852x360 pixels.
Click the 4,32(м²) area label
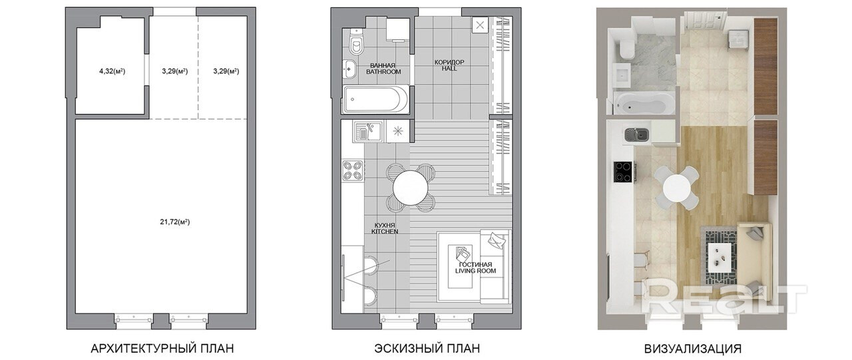pyautogui.click(x=112, y=71)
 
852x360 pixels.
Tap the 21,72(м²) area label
pyautogui.click(x=175, y=222)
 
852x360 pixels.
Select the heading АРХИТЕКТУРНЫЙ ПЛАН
pyautogui.click(x=162, y=348)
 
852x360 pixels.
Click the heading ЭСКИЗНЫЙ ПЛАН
pyautogui.click(x=427, y=348)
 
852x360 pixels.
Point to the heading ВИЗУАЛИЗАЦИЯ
pyautogui.click(x=693, y=349)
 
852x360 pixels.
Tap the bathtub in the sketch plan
pyautogui.click(x=376, y=100)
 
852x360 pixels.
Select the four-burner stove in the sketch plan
pyautogui.click(x=353, y=171)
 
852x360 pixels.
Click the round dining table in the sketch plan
pyautogui.click(x=411, y=188)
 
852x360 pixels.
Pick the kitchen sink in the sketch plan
pyautogui.click(x=369, y=132)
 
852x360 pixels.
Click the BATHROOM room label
pyautogui.click(x=383, y=71)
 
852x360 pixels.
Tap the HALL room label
pyautogui.click(x=449, y=69)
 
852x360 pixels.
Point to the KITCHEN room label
pyautogui.click(x=385, y=231)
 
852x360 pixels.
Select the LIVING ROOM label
pyautogui.click(x=475, y=271)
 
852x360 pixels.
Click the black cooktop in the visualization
pyautogui.click(x=623, y=172)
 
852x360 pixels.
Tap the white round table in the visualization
pyautogui.click(x=677, y=186)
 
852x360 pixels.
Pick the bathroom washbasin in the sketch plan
pyautogui.click(x=350, y=70)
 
